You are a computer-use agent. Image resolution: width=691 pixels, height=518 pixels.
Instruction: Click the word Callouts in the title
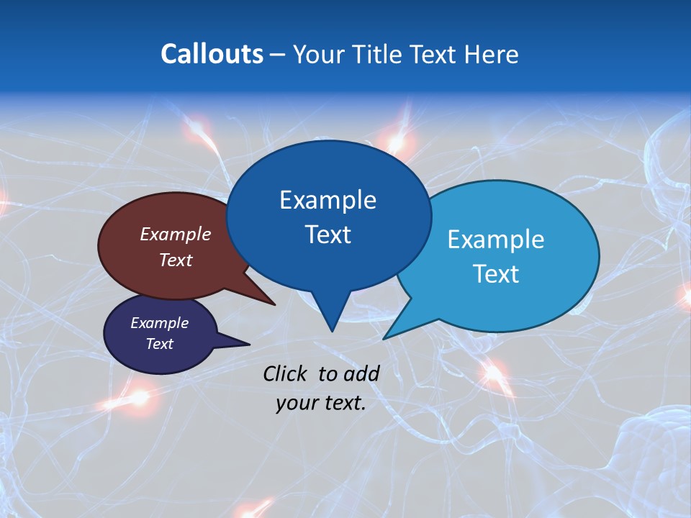(x=212, y=54)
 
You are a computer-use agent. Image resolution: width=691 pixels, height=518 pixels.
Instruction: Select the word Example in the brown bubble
(x=176, y=234)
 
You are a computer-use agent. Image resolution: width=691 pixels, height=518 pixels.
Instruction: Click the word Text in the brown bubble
(x=176, y=260)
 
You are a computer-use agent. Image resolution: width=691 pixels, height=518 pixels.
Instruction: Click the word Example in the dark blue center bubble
(x=328, y=200)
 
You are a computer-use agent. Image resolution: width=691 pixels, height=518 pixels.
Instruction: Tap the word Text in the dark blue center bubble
(x=328, y=235)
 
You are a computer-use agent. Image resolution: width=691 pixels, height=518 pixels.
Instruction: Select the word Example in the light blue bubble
(x=496, y=240)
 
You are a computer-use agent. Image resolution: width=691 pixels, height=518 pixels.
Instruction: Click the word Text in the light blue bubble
(x=496, y=274)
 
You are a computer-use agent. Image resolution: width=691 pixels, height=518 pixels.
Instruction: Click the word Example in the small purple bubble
(x=160, y=323)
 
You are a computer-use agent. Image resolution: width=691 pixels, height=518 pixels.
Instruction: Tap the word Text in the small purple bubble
(x=160, y=344)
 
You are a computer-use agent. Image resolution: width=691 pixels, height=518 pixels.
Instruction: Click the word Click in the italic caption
(x=284, y=373)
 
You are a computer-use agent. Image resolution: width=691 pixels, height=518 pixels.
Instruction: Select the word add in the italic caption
(x=361, y=373)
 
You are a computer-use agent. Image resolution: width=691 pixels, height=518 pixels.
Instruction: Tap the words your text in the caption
(x=321, y=404)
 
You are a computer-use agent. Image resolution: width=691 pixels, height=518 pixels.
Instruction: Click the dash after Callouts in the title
(x=278, y=55)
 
